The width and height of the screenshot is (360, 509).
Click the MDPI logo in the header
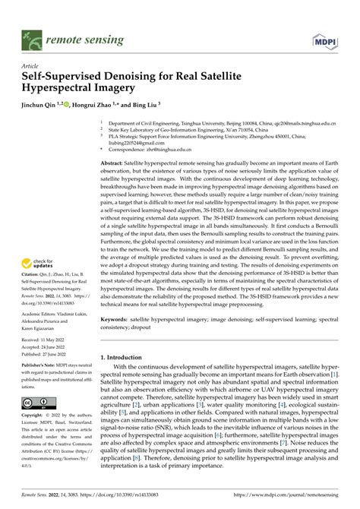(326, 36)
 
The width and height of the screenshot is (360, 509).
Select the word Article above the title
(34, 66)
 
